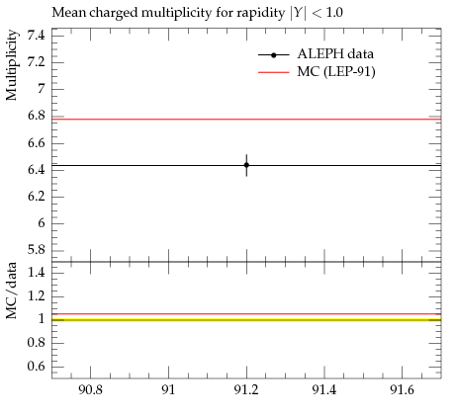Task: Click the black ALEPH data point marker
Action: (x=246, y=165)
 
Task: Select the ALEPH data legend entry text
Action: (x=335, y=54)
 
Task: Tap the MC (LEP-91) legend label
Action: (x=336, y=72)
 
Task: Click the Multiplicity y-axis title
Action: (x=12, y=65)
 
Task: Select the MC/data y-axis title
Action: (x=12, y=291)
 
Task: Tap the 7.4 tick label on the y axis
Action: (x=36, y=35)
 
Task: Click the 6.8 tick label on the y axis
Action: (x=36, y=116)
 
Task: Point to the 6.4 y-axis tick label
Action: (x=36, y=170)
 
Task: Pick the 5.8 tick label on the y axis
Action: (x=36, y=250)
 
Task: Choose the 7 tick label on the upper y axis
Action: (x=42, y=89)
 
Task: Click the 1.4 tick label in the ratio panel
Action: (x=36, y=273)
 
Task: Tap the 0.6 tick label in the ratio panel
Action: (x=36, y=367)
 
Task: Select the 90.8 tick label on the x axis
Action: (x=90, y=390)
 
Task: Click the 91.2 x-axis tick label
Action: (x=246, y=390)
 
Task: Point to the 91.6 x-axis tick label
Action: (x=402, y=390)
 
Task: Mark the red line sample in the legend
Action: (x=274, y=72)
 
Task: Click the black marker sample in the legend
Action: (x=274, y=55)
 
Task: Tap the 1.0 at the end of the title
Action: (x=334, y=13)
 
